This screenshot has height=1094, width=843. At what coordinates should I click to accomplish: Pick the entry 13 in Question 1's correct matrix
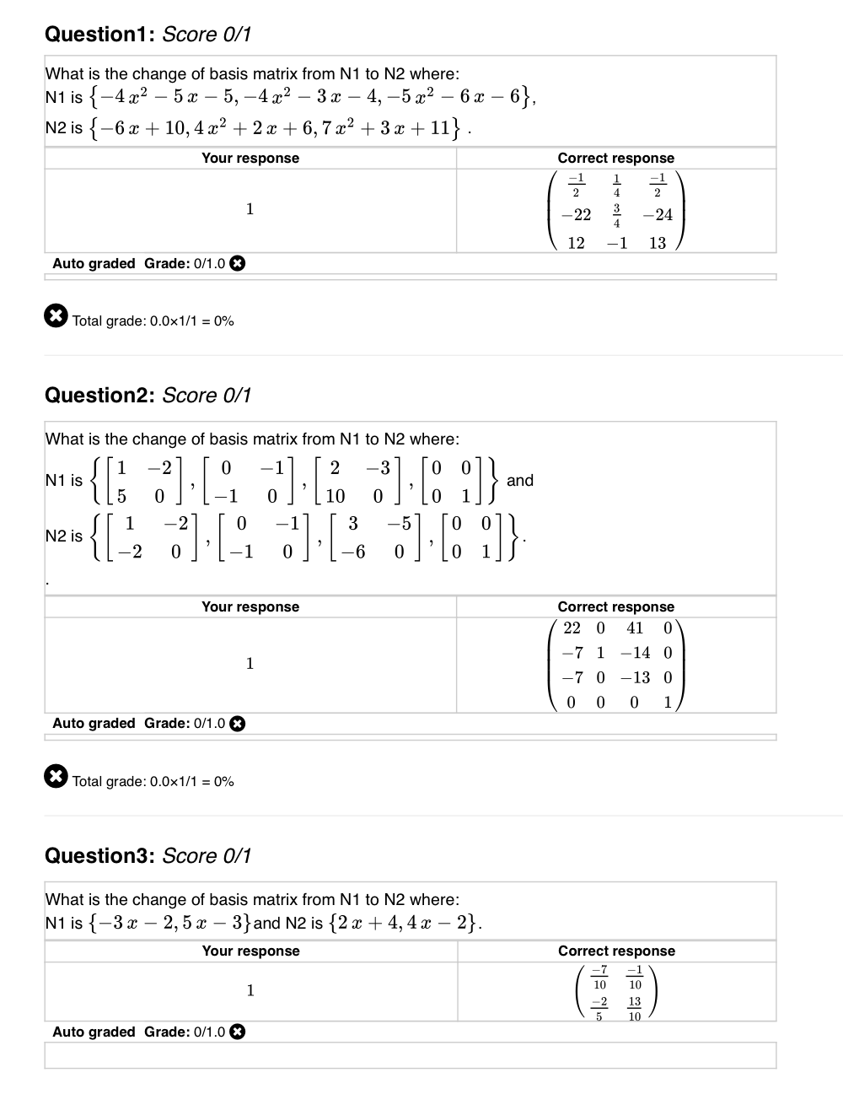(658, 243)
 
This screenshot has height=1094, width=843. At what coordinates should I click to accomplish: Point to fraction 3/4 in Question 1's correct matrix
(616, 215)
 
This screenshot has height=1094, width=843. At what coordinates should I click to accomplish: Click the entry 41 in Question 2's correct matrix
(635, 628)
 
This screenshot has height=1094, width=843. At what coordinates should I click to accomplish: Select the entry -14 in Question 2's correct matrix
(635, 653)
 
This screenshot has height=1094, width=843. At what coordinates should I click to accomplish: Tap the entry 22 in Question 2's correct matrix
(572, 628)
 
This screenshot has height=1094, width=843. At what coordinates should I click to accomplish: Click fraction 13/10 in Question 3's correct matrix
(635, 1009)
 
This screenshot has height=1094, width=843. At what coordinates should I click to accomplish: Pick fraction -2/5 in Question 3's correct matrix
(599, 1009)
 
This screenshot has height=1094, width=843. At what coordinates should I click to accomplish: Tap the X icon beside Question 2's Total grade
(55, 777)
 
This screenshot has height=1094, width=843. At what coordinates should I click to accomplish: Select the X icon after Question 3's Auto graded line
(238, 1032)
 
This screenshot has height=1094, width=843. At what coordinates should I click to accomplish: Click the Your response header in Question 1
(250, 159)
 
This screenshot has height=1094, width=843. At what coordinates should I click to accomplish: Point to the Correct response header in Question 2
(615, 607)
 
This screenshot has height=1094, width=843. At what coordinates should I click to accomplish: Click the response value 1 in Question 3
(250, 990)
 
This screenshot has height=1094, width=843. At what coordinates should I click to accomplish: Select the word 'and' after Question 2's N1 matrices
(520, 480)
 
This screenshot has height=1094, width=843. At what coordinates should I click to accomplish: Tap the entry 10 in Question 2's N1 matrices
(335, 496)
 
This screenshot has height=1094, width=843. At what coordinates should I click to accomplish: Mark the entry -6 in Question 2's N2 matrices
(358, 552)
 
